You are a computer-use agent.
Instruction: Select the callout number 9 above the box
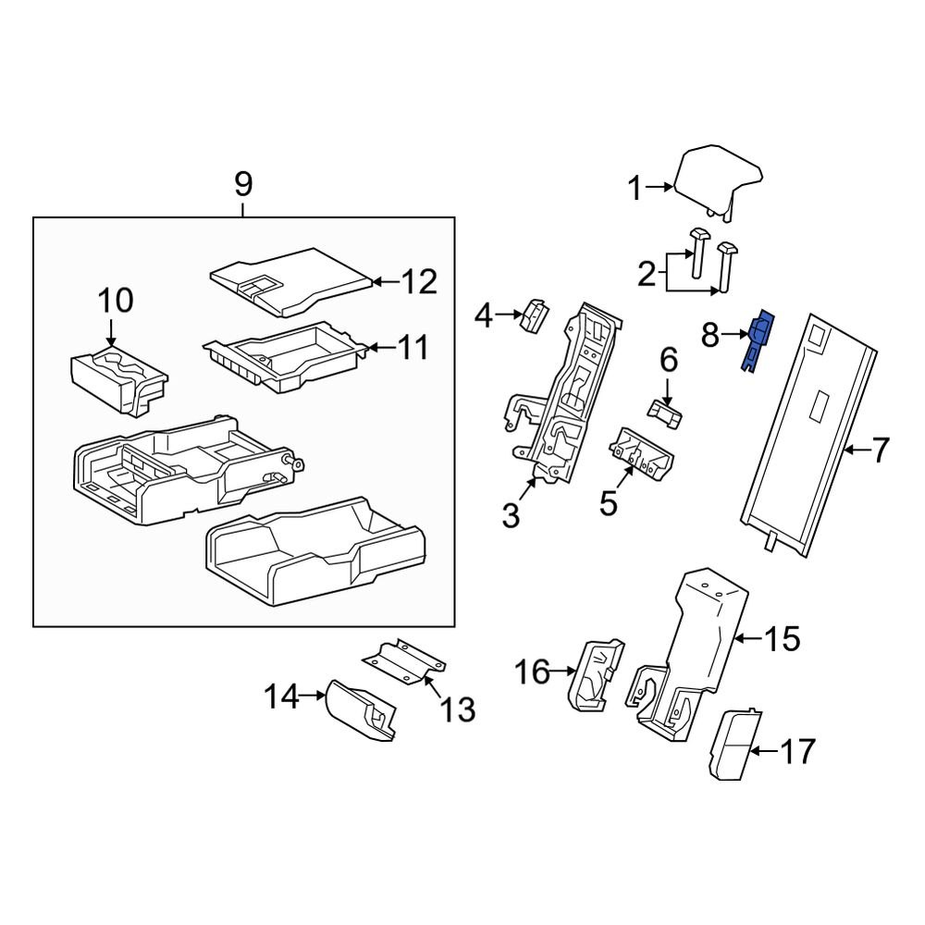click(x=242, y=184)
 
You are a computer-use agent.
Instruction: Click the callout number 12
click(x=415, y=281)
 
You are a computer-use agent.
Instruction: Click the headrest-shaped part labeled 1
click(x=717, y=179)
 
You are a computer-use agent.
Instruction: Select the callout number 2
click(x=647, y=273)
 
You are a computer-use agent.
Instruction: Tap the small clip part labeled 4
click(x=535, y=314)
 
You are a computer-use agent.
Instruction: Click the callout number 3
click(x=512, y=515)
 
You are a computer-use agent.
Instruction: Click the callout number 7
click(x=879, y=451)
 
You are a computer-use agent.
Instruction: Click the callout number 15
click(x=780, y=638)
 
